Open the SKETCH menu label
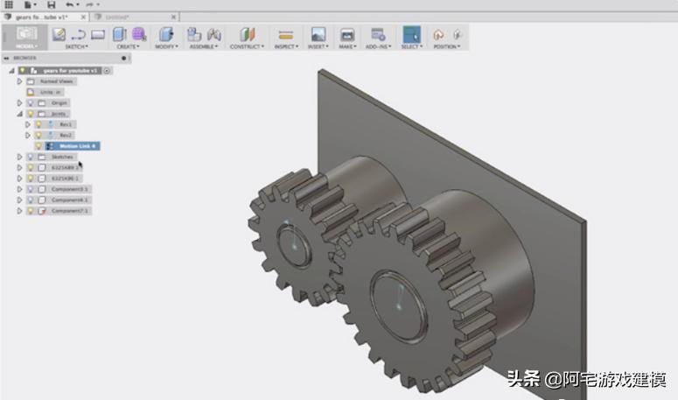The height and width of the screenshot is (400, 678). point(76,46)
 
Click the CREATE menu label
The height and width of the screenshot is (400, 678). point(127,46)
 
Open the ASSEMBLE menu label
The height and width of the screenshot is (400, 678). point(204,46)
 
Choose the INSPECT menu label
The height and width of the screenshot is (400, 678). point(284,46)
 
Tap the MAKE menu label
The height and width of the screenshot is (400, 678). point(347,46)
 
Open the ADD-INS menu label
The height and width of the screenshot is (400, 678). point(378,46)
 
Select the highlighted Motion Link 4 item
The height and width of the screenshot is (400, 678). point(78,145)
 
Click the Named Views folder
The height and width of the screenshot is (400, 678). point(58,81)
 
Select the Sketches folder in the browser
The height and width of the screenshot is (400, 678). point(63,157)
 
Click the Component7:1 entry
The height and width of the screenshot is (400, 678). point(70,211)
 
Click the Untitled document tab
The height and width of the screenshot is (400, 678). point(117,17)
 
